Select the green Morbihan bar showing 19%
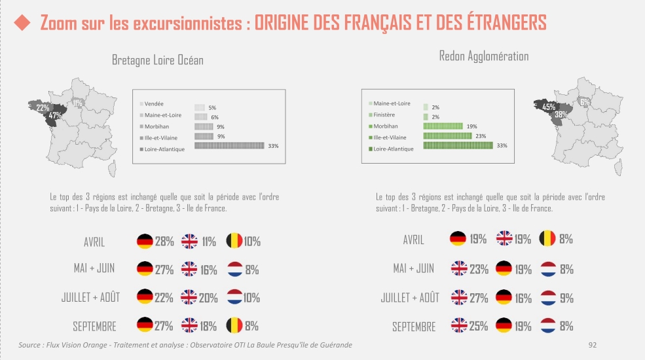coord(443,126)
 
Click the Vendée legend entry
coord(154,103)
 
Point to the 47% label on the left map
coord(55,116)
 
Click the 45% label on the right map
coord(549,107)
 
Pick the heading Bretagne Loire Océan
coord(157,60)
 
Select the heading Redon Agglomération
coord(484,56)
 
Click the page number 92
coord(593,344)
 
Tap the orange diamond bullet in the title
coord(22,24)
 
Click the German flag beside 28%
coord(145,242)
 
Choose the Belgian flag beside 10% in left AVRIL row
coord(233,242)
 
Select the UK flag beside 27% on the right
coord(459,298)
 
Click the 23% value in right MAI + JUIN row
coord(479,268)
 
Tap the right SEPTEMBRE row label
coord(414,326)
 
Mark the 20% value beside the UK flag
coord(208,298)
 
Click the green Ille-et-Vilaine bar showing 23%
coord(447,136)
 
